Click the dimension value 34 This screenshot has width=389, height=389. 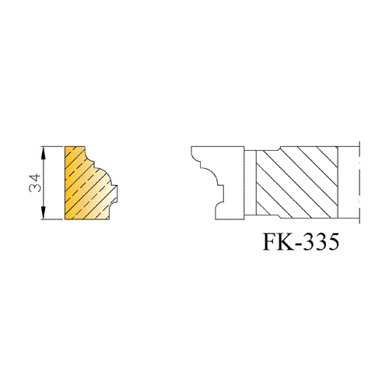[35, 183]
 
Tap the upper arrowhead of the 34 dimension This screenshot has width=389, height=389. [44, 153]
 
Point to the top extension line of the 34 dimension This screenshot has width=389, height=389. [52, 147]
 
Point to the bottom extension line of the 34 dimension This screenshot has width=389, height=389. [52, 219]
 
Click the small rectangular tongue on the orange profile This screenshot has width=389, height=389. [115, 193]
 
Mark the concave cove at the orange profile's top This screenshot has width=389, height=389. [89, 155]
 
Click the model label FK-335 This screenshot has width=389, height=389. [301, 241]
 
